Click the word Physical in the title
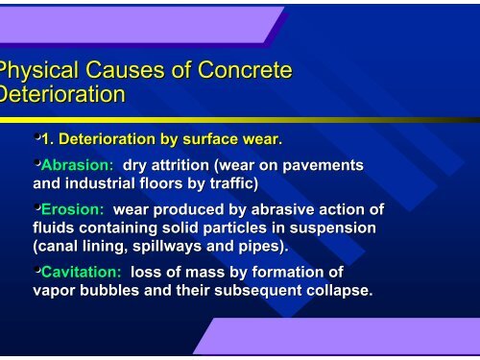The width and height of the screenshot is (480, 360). click(36, 72)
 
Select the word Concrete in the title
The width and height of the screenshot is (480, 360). click(243, 72)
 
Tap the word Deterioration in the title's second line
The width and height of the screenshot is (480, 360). click(63, 95)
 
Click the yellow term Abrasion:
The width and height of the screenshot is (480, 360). click(78, 165)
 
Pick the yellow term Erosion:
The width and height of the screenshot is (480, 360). click(73, 209)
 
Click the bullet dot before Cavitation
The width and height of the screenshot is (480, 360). click(36, 271)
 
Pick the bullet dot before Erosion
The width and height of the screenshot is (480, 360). click(36, 207)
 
